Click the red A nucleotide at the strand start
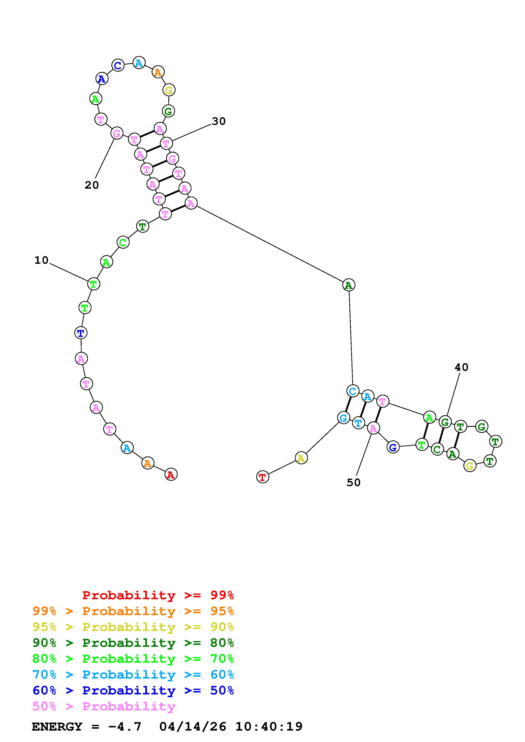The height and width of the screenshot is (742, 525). pos(171,474)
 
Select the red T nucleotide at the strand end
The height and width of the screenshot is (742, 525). pos(263,477)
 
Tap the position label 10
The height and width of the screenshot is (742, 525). pos(42,260)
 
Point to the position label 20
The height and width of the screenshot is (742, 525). pos(92,185)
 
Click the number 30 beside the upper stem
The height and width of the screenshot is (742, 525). pos(219,121)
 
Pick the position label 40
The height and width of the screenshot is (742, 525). pos(461,367)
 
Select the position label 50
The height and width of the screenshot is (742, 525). pos(353,482)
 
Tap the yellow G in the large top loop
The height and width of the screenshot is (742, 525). pos(169,90)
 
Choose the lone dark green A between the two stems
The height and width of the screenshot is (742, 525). pos(348,285)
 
